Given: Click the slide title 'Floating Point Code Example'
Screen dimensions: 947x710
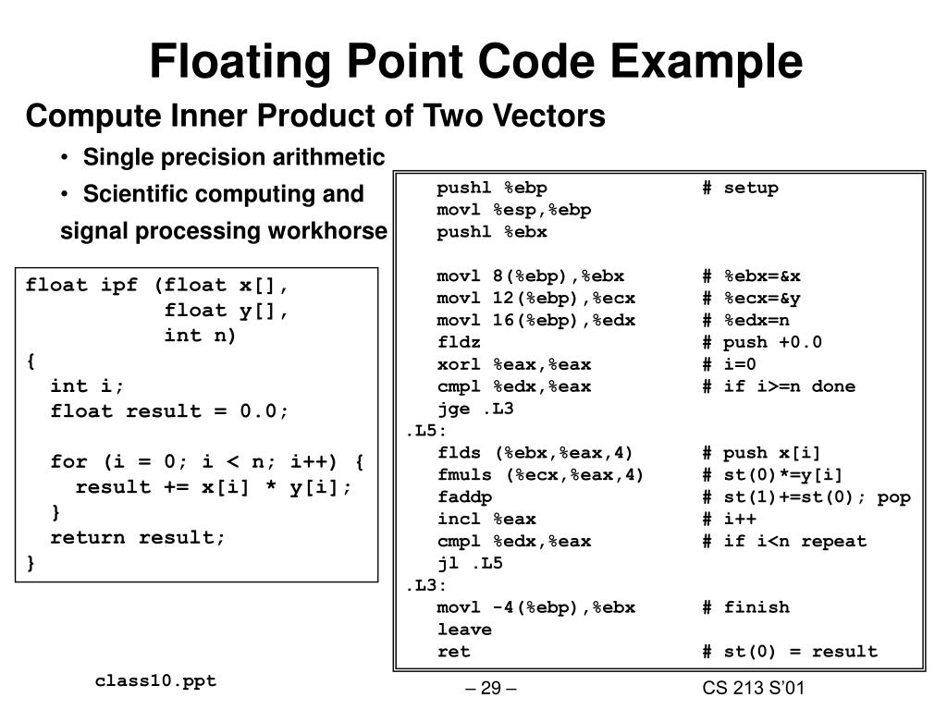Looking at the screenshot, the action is click(x=476, y=62).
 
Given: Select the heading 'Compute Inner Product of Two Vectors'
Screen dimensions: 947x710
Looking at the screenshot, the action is click(x=315, y=116).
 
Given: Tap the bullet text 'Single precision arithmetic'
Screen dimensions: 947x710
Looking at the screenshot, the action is click(x=234, y=157).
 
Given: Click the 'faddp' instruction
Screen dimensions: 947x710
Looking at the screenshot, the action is click(x=465, y=497).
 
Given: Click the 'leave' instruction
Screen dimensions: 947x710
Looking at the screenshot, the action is click(x=465, y=630).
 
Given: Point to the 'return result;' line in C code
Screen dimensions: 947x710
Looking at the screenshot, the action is click(x=138, y=537).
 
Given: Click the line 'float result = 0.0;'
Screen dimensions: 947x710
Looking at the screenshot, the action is click(x=170, y=411).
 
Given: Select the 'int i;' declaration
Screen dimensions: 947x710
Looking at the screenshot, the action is click(x=87, y=386).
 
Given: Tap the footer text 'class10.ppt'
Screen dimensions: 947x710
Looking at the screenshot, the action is click(x=155, y=681).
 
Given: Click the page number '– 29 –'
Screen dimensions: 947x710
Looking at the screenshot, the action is click(x=489, y=689).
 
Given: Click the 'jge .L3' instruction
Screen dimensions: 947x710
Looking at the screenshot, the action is click(x=475, y=409).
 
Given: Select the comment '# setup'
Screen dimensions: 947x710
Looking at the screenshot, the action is click(x=740, y=188).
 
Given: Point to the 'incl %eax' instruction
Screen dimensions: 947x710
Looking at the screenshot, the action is click(x=486, y=519).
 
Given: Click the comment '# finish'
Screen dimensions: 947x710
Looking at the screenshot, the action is click(x=745, y=607).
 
